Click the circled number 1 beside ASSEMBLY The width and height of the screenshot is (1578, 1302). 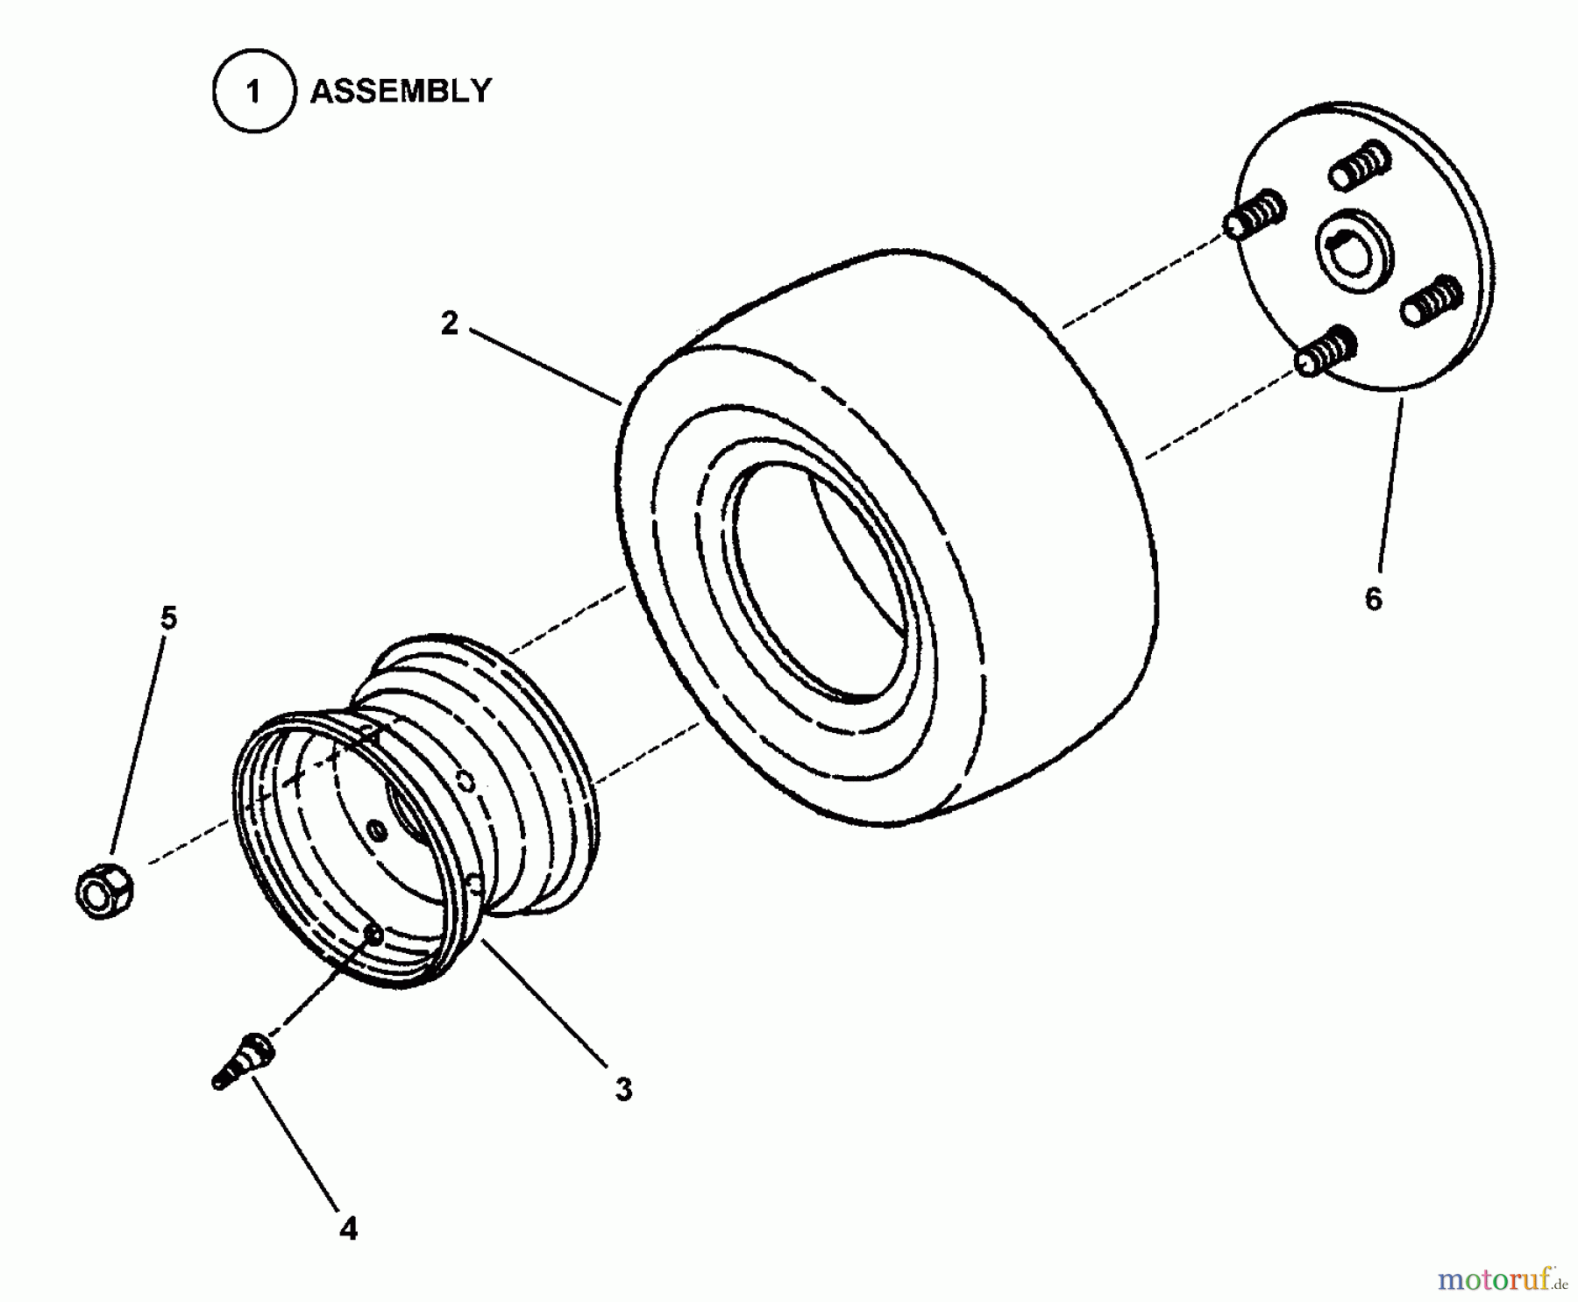[x=253, y=92]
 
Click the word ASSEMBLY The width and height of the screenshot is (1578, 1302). [x=401, y=91]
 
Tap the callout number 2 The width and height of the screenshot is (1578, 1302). [x=449, y=324]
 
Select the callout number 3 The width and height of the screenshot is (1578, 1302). [x=623, y=1090]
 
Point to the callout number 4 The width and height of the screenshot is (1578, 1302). [x=348, y=1230]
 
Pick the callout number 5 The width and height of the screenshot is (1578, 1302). [x=168, y=618]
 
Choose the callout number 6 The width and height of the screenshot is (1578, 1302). [x=1373, y=599]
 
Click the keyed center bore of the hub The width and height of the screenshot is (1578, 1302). [x=1351, y=250]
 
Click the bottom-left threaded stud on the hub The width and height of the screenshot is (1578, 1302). [x=1326, y=351]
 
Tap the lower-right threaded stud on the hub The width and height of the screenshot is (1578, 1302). [x=1431, y=300]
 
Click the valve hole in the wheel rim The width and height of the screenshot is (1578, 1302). [x=373, y=935]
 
